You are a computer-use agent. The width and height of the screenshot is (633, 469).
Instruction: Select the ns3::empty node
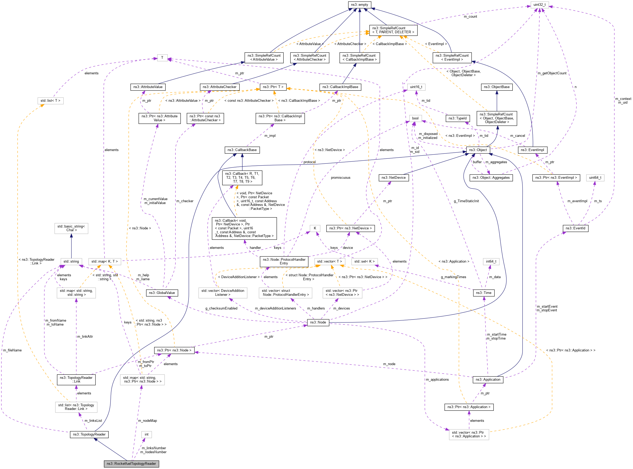click(x=359, y=4)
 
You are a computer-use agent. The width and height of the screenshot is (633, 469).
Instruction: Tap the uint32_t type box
click(x=539, y=4)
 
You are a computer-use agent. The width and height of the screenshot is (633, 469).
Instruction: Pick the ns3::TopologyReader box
click(x=89, y=434)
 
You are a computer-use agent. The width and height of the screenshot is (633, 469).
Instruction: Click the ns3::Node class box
click(x=318, y=322)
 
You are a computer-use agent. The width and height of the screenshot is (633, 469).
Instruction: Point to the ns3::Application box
click(x=488, y=380)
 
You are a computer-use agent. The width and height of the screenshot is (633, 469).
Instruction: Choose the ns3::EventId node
click(x=575, y=228)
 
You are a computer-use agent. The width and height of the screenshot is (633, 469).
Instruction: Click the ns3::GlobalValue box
click(x=162, y=293)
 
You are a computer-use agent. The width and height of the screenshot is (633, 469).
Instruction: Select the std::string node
click(x=71, y=261)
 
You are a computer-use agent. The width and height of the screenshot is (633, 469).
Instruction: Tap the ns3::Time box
click(x=483, y=293)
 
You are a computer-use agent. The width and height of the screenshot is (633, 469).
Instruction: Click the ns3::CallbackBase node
click(x=242, y=150)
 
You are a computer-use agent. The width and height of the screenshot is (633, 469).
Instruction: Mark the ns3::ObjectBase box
click(x=496, y=87)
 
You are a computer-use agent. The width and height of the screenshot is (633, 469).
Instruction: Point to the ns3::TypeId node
click(x=457, y=118)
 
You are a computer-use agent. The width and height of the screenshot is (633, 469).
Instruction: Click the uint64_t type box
click(x=595, y=177)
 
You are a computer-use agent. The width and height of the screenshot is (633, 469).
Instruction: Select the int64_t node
click(x=491, y=261)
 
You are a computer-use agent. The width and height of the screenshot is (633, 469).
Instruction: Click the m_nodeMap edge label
click(x=147, y=420)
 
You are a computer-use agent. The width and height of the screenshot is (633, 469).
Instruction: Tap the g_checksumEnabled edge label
click(x=221, y=308)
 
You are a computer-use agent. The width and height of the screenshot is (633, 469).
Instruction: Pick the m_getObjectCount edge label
click(x=552, y=73)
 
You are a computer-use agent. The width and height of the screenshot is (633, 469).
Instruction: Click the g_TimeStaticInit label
click(x=466, y=201)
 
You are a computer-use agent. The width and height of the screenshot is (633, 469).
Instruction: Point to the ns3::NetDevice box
click(x=393, y=177)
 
